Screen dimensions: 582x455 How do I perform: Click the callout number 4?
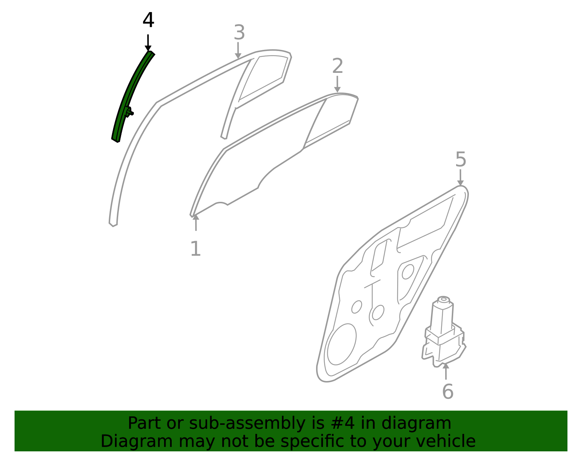(148, 20)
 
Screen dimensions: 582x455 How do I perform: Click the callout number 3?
(239, 32)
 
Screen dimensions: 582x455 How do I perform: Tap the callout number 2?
(338, 66)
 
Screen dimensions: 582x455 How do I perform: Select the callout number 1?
(196, 248)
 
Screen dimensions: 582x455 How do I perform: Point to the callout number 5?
(461, 159)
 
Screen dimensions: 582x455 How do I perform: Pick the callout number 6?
(448, 392)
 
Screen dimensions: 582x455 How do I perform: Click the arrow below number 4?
(148, 43)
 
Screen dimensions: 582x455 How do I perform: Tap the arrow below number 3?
(238, 50)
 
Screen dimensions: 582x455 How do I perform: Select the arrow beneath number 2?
(337, 84)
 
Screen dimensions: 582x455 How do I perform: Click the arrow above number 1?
(196, 223)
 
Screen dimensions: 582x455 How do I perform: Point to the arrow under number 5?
(460, 177)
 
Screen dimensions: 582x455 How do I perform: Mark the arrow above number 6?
(446, 371)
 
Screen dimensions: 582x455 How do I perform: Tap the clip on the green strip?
(129, 111)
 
